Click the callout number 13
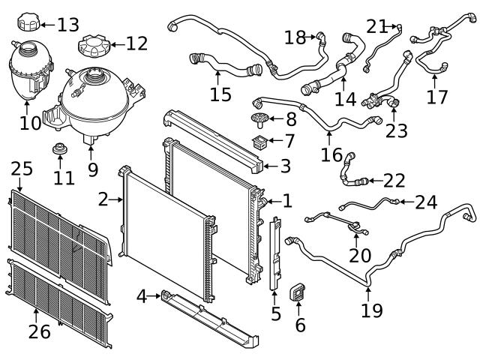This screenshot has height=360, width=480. tap(67, 25)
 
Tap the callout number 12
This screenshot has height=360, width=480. tap(136, 43)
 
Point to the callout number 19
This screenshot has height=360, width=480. tap(371, 310)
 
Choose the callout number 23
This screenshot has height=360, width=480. tap(396, 130)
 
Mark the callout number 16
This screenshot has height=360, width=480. tap(331, 154)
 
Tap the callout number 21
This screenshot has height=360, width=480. tap(376, 26)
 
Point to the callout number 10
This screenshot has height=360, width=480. tap(30, 121)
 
